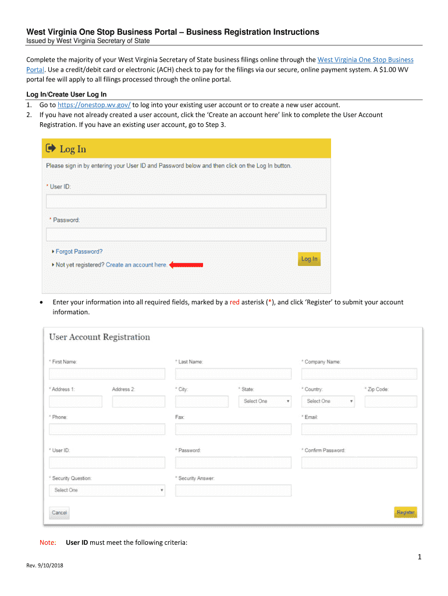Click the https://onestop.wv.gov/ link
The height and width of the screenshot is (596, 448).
(x=94, y=105)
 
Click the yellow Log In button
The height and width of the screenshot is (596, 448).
(x=309, y=259)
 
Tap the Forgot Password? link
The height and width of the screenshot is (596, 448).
(x=79, y=251)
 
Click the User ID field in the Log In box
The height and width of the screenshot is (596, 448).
(x=186, y=201)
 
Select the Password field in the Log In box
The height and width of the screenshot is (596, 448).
(x=186, y=235)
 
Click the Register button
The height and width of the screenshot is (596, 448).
(x=406, y=512)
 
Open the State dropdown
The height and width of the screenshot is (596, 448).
(x=265, y=401)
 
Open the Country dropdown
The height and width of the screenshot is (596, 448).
(x=328, y=401)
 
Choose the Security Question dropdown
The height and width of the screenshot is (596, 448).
(x=107, y=490)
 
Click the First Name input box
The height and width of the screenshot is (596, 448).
(x=107, y=374)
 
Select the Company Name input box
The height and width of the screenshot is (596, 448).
(x=359, y=374)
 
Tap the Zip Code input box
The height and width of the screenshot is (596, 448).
(x=390, y=401)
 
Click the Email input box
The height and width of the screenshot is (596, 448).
(x=359, y=429)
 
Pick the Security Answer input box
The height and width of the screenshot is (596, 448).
(x=233, y=490)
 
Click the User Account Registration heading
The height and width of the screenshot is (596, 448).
(x=99, y=337)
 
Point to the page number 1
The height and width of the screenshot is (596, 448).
(x=418, y=558)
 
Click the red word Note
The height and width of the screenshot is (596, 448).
(x=48, y=542)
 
